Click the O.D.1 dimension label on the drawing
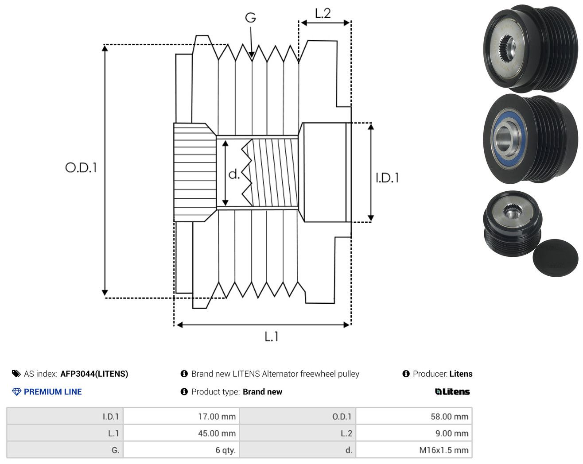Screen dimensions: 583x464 coord(81,167)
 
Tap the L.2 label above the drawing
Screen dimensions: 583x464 coord(323,13)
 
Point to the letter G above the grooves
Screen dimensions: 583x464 coord(250,18)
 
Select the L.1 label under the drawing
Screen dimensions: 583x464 coord(271,336)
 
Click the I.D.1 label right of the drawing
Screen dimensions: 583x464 coord(387,178)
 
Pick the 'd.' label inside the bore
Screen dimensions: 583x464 coord(234,174)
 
